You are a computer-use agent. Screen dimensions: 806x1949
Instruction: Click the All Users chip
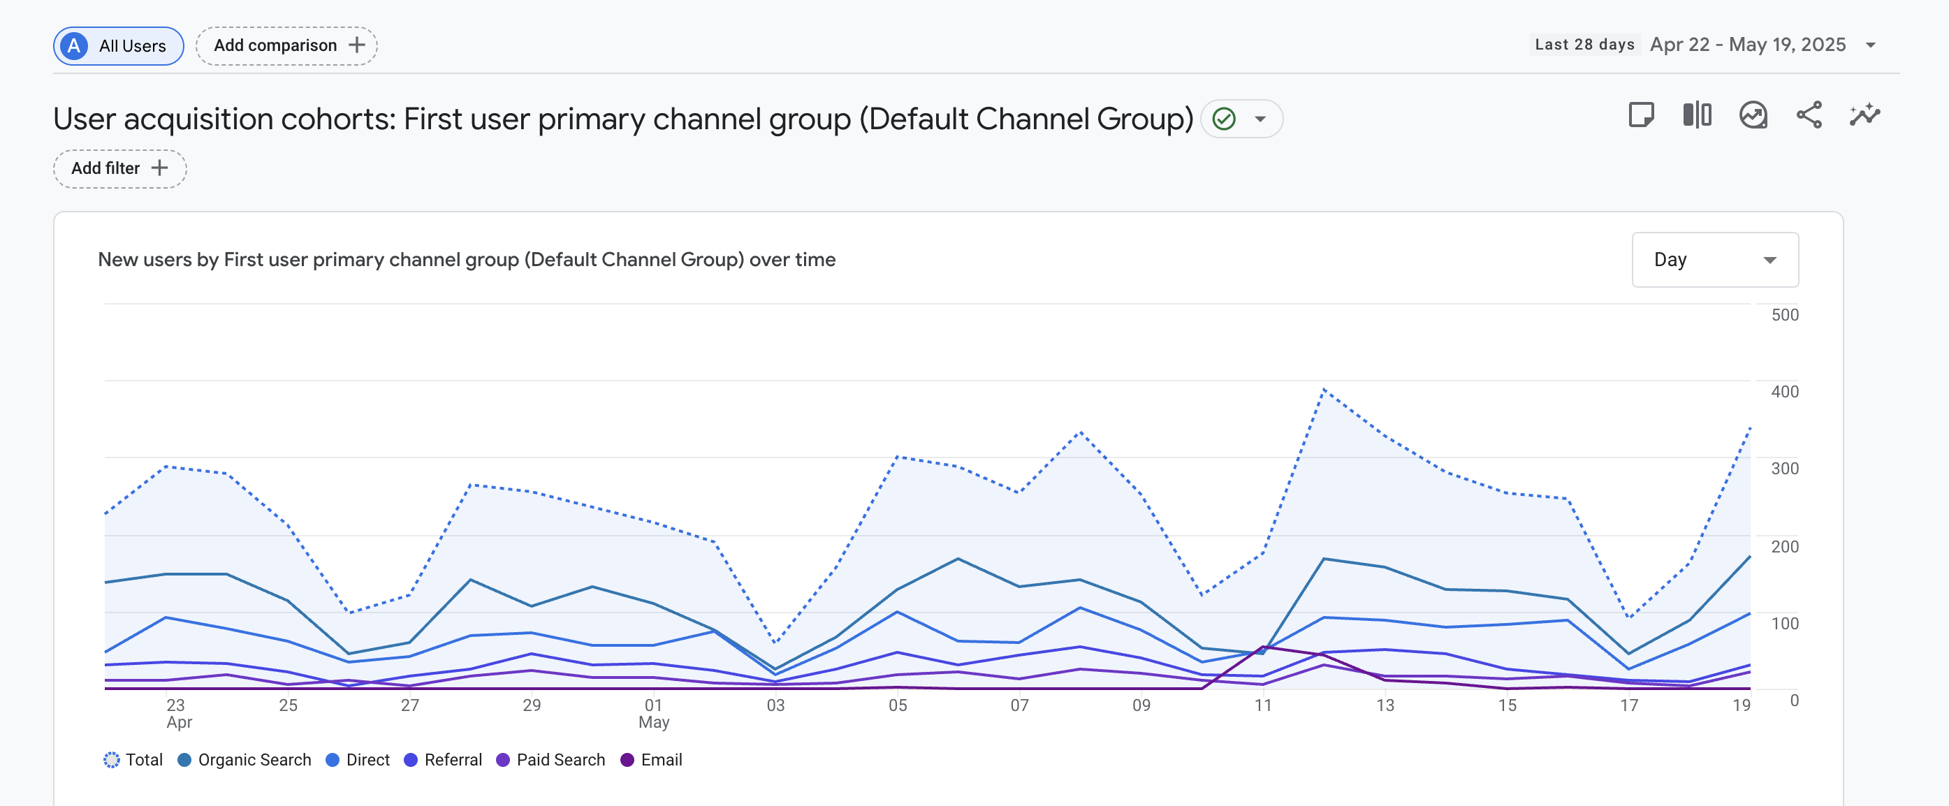[x=118, y=45]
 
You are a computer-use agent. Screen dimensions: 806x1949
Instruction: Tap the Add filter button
[x=119, y=168]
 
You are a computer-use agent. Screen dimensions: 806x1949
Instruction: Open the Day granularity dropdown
[x=1714, y=260]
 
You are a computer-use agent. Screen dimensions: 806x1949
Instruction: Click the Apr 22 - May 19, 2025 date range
[x=1748, y=45]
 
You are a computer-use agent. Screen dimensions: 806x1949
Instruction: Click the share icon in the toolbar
[x=1809, y=115]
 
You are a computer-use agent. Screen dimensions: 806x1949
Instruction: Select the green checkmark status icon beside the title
[x=1223, y=119]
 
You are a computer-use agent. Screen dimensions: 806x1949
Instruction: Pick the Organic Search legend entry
[x=244, y=760]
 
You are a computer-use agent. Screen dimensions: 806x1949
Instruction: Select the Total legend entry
[x=133, y=760]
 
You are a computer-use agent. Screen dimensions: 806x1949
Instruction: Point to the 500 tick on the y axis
[x=1784, y=315]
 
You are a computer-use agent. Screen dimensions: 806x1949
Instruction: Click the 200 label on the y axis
[x=1784, y=546]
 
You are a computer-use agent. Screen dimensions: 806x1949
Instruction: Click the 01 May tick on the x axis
[x=654, y=713]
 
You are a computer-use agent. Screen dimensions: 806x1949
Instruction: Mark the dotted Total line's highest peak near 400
[x=1324, y=390]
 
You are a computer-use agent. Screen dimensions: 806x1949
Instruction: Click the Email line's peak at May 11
[x=1263, y=647]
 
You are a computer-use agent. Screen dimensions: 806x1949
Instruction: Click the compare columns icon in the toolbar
[x=1697, y=115]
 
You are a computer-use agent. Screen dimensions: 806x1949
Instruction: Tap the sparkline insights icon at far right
[x=1864, y=115]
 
